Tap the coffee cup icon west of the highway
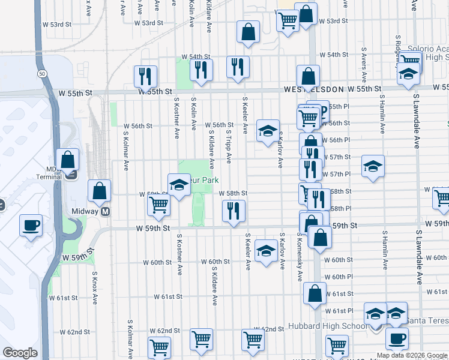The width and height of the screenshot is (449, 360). pos(31,226)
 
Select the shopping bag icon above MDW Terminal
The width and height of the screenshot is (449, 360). pos(67,160)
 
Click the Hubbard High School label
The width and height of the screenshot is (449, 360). pos(329,326)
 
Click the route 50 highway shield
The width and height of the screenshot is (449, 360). pos(41,73)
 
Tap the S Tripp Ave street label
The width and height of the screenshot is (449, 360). pos(229,146)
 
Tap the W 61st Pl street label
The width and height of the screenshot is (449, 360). pos(338,311)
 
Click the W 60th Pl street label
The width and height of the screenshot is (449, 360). pos(338,277)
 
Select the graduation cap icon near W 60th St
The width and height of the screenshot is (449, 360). pos(265,251)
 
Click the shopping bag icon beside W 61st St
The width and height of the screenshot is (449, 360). pos(315,294)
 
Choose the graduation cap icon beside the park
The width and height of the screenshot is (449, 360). pos(179,185)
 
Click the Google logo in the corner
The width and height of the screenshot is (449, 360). pos(20,353)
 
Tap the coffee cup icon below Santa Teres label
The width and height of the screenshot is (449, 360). pos(396,338)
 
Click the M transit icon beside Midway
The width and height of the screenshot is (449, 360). pos(106,211)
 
